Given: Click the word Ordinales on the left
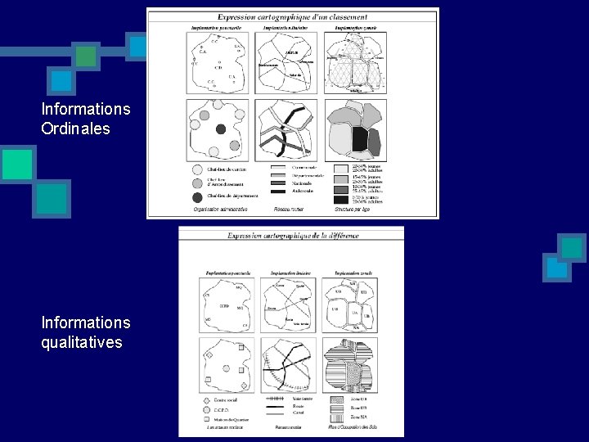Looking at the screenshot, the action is point(75,129).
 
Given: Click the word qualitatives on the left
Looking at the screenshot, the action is point(82,342).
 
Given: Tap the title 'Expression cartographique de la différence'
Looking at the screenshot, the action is point(292,235).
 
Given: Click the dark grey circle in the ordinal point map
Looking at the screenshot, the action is point(221,129).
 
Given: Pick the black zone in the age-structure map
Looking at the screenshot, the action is point(359,140).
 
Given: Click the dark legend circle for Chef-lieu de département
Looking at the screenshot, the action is point(197,196).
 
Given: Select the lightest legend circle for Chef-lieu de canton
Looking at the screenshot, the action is point(197,169).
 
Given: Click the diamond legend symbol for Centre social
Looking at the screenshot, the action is point(205,400).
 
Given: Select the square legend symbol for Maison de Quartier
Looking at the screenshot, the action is point(205,419).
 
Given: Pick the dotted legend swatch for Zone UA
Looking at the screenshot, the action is point(337,399).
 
